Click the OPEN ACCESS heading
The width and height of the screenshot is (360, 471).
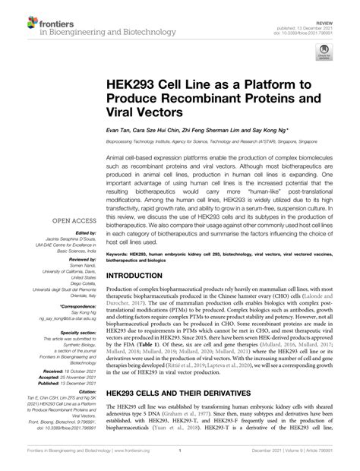[75, 222]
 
